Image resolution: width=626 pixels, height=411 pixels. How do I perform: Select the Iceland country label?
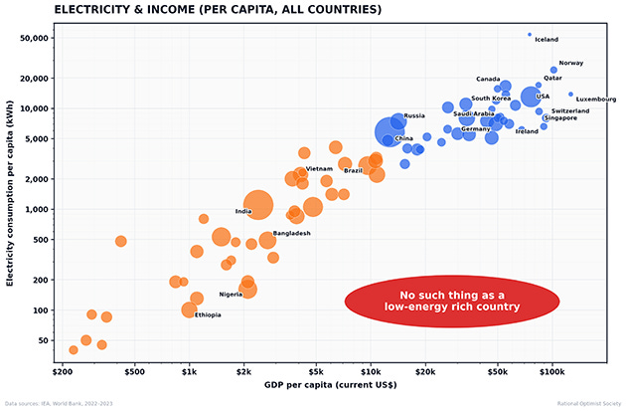coord(547,40)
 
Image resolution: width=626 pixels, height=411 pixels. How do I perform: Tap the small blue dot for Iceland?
coord(530,34)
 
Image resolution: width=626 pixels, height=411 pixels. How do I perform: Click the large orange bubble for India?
coord(257,204)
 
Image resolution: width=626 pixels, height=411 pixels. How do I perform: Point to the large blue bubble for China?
coord(391,132)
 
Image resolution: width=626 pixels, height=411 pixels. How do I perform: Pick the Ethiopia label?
coord(208,314)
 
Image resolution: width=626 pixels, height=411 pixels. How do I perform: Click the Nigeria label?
coord(231,294)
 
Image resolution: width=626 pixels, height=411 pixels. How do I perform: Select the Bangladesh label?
coord(292,233)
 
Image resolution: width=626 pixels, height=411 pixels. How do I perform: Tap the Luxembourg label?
coord(595,100)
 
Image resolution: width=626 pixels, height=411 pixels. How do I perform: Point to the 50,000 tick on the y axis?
coord(37,38)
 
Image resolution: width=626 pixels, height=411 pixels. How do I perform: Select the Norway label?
coord(571,63)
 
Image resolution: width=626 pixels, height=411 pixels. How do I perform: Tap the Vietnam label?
coord(319,169)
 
